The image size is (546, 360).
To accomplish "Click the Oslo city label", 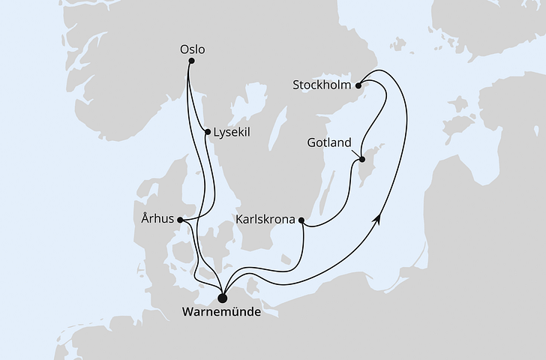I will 192,50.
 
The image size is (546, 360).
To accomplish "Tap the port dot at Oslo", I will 188,61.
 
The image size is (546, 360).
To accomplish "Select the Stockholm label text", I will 322,85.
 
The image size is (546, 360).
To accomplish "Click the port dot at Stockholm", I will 359,85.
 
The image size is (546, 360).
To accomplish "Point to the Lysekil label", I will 231,132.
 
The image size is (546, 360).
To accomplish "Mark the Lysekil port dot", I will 207,132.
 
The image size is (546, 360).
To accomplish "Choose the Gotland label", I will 329,142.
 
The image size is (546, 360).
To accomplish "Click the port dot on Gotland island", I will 361,159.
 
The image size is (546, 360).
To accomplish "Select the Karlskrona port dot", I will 301,220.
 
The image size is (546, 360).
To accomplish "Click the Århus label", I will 157,219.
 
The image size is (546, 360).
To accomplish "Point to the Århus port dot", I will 181,220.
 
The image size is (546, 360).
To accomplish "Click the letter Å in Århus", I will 145,219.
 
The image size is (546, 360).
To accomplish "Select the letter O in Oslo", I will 184,50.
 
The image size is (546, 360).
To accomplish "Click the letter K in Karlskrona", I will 239,220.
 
